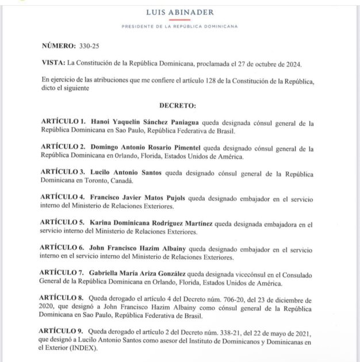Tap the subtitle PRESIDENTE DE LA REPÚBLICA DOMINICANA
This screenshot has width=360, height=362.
coord(179,27)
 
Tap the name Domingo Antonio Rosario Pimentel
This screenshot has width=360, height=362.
coord(152,148)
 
